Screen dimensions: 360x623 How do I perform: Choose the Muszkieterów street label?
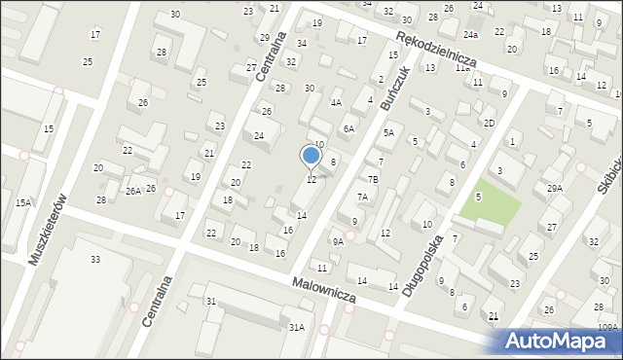[50, 234]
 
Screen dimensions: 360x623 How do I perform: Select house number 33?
[95, 259]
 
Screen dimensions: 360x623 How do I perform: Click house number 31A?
[296, 328]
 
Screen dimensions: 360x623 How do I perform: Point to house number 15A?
[24, 202]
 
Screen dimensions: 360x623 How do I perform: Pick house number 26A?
[133, 191]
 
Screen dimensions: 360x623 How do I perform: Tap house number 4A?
[336, 102]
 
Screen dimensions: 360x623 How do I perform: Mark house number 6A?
[348, 128]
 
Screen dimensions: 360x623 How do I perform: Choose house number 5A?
[387, 132]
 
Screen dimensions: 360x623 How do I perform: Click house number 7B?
[372, 179]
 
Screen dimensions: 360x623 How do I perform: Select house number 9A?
[338, 241]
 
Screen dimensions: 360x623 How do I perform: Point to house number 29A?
[555, 188]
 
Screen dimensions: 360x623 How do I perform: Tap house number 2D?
[490, 123]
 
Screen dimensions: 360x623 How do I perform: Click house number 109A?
[608, 328]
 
